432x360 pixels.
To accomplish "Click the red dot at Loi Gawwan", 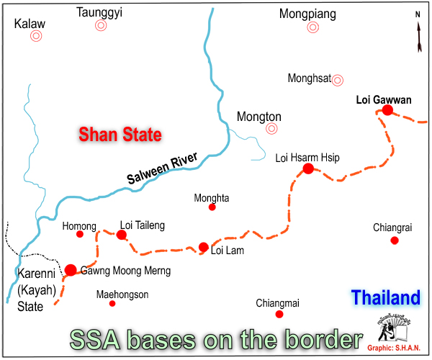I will click(x=387, y=110).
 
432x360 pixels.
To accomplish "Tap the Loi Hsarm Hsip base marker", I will click(x=308, y=168).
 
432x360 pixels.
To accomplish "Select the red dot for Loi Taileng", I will click(x=122, y=235).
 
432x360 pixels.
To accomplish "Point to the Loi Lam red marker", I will click(x=204, y=247).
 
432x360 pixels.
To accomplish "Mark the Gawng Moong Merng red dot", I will click(x=71, y=270).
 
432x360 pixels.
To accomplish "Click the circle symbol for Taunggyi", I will click(x=101, y=25).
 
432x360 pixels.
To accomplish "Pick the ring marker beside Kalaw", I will click(x=35, y=35).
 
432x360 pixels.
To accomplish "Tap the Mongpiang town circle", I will click(x=312, y=27).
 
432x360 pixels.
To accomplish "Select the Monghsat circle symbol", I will click(x=337, y=80).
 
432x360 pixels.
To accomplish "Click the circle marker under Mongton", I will click(x=271, y=129).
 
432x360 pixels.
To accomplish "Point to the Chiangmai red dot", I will click(x=279, y=314).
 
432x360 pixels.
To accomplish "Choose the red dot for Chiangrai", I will click(x=395, y=240).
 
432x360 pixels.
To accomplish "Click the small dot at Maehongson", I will click(x=112, y=304).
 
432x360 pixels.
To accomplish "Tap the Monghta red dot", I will click(x=212, y=207).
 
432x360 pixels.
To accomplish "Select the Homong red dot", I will click(x=80, y=234).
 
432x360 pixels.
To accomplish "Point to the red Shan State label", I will click(x=120, y=135).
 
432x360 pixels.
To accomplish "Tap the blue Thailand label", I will click(x=385, y=297).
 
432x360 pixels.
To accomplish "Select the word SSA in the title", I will click(x=94, y=340).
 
